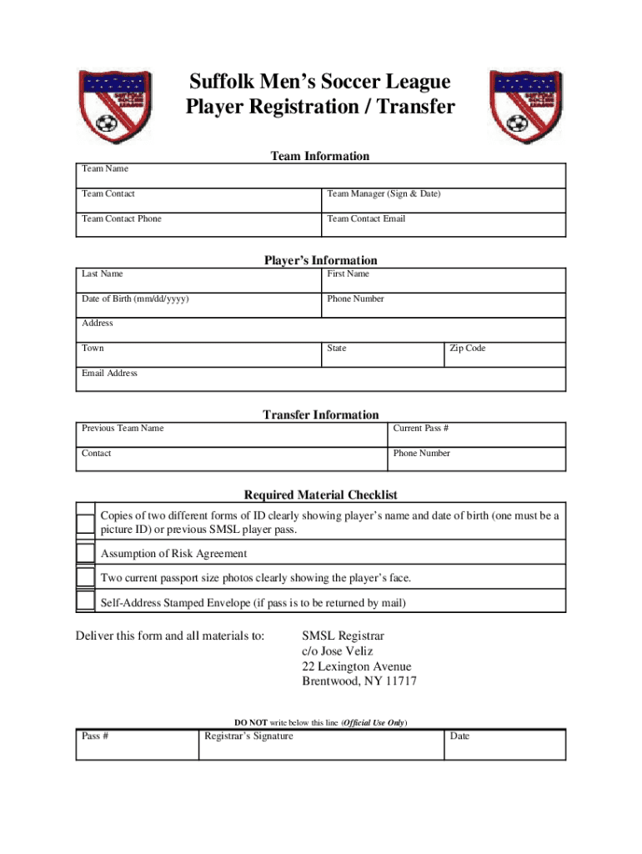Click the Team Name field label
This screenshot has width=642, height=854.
click(x=105, y=168)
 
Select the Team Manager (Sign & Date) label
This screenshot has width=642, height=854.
click(x=384, y=193)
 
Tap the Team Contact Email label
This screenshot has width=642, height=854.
click(x=366, y=219)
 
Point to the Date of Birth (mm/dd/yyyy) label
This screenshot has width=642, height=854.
click(x=140, y=299)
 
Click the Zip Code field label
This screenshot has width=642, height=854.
click(x=467, y=348)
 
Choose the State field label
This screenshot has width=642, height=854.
click(x=337, y=348)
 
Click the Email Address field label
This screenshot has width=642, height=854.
click(x=109, y=373)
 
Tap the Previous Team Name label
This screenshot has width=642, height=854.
click(x=123, y=428)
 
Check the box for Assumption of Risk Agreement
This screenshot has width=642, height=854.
click(x=85, y=553)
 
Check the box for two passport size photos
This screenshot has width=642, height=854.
click(x=85, y=577)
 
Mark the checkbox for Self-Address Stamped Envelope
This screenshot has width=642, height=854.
click(x=85, y=601)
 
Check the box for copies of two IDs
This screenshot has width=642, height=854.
click(x=85, y=523)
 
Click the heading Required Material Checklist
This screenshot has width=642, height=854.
click(x=320, y=495)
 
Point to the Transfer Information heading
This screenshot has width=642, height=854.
click(x=320, y=414)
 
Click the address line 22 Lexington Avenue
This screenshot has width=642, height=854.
click(x=356, y=666)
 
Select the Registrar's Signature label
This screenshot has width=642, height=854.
click(x=248, y=736)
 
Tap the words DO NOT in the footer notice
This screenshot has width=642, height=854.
click(x=250, y=722)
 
